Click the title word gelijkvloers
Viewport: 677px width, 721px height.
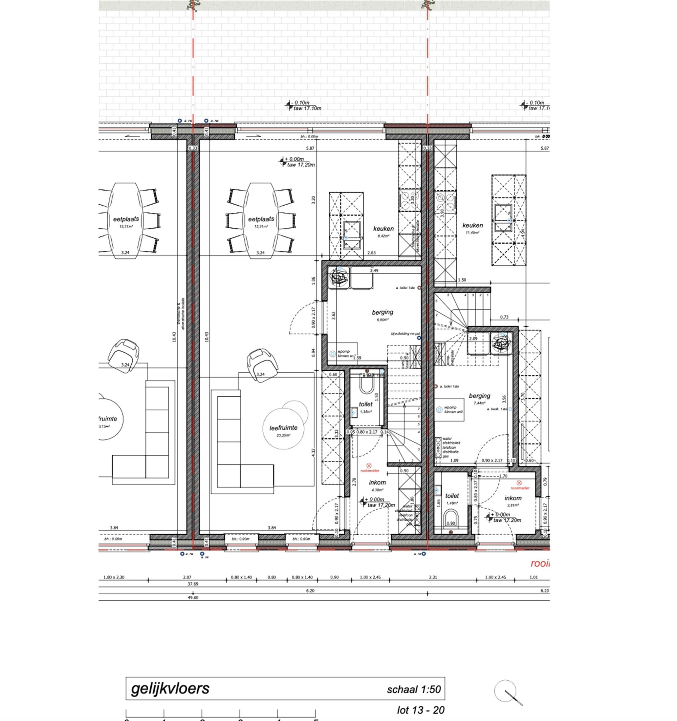click(x=170, y=688)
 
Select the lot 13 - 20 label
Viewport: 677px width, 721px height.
click(x=420, y=710)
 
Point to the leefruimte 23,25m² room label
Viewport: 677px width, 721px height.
click(x=283, y=430)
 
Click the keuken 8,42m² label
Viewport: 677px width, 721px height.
click(x=384, y=231)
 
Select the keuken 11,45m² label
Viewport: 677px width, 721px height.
click(x=473, y=228)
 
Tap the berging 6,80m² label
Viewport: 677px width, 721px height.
click(x=383, y=314)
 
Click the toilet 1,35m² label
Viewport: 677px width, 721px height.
click(x=366, y=407)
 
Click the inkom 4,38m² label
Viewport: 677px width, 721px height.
click(x=377, y=485)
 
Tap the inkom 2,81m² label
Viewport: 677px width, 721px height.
click(x=513, y=500)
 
